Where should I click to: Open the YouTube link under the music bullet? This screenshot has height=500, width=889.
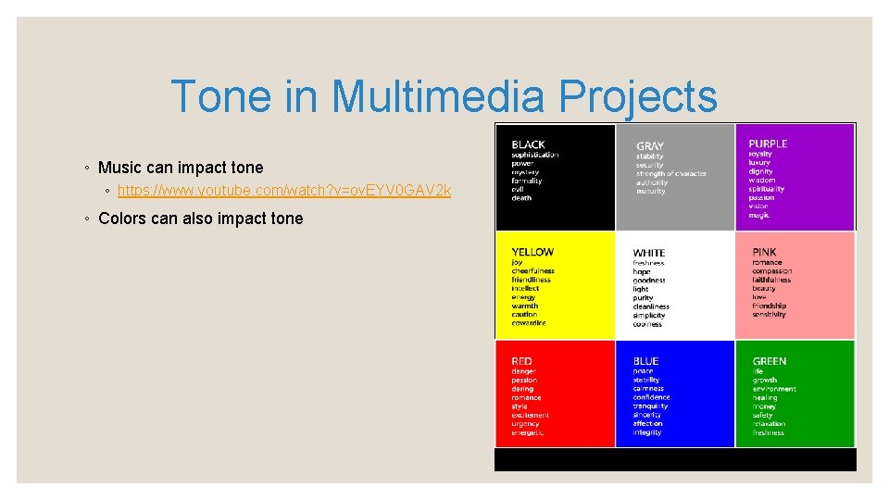(x=284, y=191)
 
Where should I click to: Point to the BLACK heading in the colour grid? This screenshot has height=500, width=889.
(x=528, y=144)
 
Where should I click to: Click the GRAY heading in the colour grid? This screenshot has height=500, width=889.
(x=649, y=146)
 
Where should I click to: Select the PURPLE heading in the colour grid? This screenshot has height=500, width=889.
(x=768, y=144)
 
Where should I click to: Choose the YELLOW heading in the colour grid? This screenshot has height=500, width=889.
(x=532, y=252)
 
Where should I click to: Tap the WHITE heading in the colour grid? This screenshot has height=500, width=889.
(x=648, y=253)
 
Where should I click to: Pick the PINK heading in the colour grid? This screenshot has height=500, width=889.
(x=764, y=252)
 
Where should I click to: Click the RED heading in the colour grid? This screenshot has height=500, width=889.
(x=521, y=361)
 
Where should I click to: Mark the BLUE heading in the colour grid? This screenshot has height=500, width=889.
(x=645, y=361)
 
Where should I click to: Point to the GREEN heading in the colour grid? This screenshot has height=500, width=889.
(x=770, y=361)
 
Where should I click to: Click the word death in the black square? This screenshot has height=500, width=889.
(x=521, y=198)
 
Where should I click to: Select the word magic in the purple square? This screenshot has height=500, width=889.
(x=759, y=215)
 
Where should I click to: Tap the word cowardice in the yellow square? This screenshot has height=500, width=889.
(x=528, y=323)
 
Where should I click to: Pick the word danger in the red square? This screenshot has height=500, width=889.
(x=523, y=371)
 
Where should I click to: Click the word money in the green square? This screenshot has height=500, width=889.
(x=764, y=406)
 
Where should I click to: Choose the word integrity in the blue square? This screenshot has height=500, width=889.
(x=647, y=432)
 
